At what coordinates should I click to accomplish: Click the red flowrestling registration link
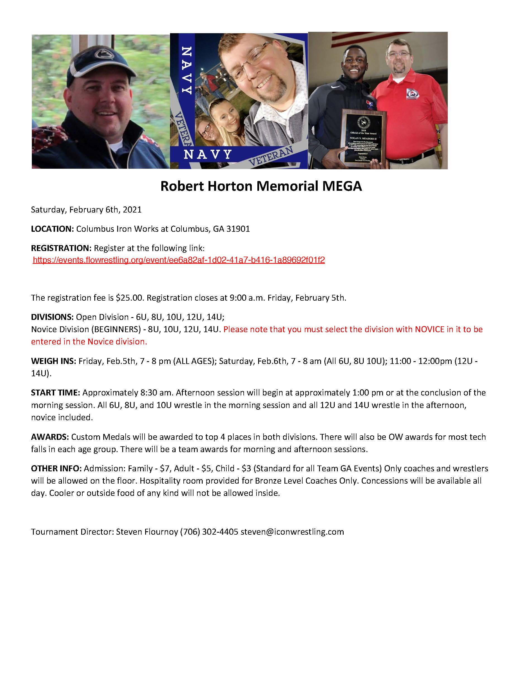(179, 260)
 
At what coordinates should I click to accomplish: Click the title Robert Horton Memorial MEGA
(261, 186)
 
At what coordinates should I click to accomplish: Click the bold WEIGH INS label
(53, 361)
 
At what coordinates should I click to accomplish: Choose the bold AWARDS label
(50, 437)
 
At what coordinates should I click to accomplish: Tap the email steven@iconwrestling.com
(292, 532)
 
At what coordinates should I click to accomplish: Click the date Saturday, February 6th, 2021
(86, 210)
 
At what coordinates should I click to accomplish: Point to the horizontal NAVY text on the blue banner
(208, 154)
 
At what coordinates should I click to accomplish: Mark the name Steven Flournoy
(147, 532)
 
